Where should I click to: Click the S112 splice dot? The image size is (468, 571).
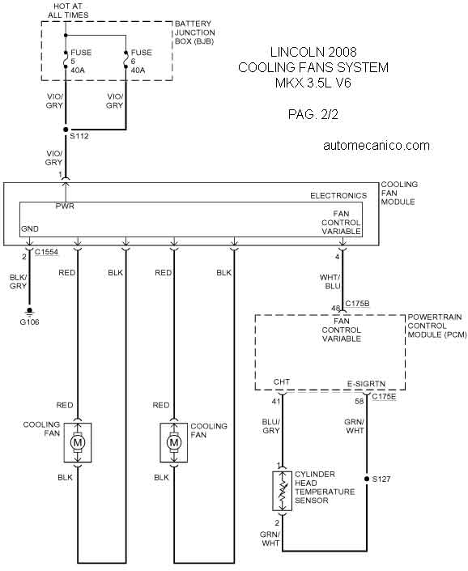coord(66,130)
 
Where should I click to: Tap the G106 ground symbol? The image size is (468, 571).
coord(30,311)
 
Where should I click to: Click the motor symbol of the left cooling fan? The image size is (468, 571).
coord(78,442)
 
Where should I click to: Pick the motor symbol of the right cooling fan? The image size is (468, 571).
coord(174,442)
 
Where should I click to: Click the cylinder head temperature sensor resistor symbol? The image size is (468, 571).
coord(283,491)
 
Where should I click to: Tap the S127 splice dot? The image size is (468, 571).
coord(367,479)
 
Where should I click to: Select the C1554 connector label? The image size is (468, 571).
coord(46,252)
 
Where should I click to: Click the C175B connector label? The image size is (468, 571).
coord(357,304)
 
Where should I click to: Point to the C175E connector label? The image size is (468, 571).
coord(384,397)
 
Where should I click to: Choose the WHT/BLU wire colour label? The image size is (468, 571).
coord(330,282)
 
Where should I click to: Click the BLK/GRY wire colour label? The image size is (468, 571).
coord(18,282)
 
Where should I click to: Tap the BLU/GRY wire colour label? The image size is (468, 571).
coord(270,426)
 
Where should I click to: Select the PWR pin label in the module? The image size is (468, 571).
coord(65,206)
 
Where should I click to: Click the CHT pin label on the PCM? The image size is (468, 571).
coord(282,381)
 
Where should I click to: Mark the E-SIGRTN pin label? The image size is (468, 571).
coord(366,384)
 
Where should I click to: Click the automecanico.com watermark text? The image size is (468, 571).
coord(377,145)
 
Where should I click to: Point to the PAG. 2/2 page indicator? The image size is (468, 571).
coord(313,114)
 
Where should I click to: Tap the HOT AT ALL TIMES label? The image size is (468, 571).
coord(68,11)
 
